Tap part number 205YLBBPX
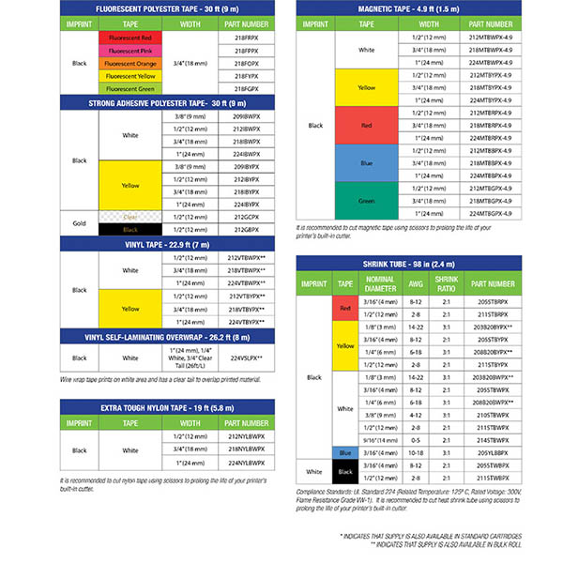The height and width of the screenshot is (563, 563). coord(492,451)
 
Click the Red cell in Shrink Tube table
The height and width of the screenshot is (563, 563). coord(345,308)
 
